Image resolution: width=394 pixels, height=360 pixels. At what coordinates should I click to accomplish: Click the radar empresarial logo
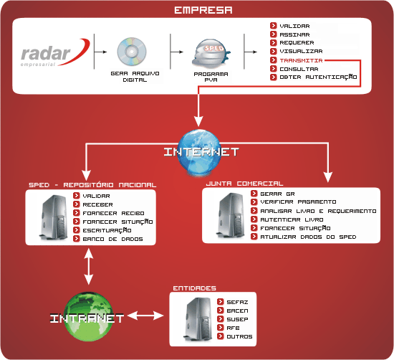pos(54,53)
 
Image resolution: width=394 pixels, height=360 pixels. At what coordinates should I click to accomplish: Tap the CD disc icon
pos(132,52)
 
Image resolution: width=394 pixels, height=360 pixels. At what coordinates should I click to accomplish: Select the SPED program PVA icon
pos(211,53)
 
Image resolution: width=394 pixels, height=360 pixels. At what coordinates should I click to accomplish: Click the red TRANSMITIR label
pos(301,60)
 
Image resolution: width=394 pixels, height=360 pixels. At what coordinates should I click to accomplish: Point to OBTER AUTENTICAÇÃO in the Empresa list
pos(318,77)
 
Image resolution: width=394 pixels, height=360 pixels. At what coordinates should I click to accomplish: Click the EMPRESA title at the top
pos(203,10)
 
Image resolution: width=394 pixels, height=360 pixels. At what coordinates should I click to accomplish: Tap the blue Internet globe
pos(200,152)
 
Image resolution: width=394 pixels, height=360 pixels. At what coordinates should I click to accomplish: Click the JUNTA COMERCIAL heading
pos(244,184)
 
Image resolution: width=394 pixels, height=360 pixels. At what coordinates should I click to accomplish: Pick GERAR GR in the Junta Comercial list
pos(277,194)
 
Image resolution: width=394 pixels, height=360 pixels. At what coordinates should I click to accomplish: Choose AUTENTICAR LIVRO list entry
pos(292,219)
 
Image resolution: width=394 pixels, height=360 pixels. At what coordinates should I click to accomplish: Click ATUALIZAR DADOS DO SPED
pos(308,237)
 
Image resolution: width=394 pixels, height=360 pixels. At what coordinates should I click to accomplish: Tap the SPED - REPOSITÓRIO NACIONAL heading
pos(92,185)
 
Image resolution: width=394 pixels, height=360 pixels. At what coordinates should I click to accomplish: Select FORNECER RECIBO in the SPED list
pos(113,213)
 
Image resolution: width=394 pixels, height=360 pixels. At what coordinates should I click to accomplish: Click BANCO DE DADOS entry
pos(112,239)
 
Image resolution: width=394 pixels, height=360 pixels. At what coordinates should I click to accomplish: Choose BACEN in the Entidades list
pos(237,311)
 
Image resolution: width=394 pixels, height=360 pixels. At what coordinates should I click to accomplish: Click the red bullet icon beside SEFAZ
pos(221,302)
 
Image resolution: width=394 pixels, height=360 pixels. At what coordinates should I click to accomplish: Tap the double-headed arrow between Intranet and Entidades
pos(145,316)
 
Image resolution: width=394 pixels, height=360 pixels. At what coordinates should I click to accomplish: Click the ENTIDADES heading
pos(194,288)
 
